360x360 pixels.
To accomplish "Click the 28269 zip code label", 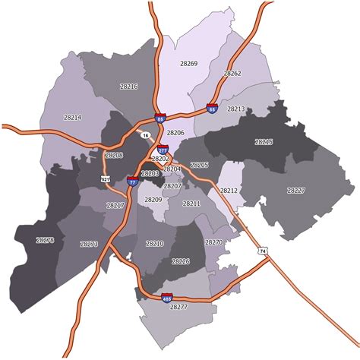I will (x=188, y=64).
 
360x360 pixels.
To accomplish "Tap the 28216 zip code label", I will (x=129, y=87).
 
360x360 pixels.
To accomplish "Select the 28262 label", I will (x=232, y=74).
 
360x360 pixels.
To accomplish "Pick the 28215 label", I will (x=264, y=142).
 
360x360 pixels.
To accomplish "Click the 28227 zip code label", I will (x=295, y=190).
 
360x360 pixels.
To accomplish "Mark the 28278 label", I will (x=46, y=240).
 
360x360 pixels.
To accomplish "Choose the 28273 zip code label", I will (x=89, y=244).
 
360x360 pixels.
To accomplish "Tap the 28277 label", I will (x=178, y=307).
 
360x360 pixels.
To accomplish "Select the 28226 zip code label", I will (x=181, y=261).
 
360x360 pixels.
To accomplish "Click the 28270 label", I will (x=214, y=242).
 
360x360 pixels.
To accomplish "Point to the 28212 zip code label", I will (x=229, y=190).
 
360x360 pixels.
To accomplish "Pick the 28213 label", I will (x=236, y=109).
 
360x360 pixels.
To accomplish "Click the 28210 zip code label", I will (x=154, y=244).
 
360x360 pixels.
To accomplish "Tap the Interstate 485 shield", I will (x=166, y=298).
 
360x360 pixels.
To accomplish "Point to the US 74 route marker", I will (x=263, y=251).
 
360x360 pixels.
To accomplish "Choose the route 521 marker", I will (x=106, y=178).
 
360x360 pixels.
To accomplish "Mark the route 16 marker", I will (x=145, y=134).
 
